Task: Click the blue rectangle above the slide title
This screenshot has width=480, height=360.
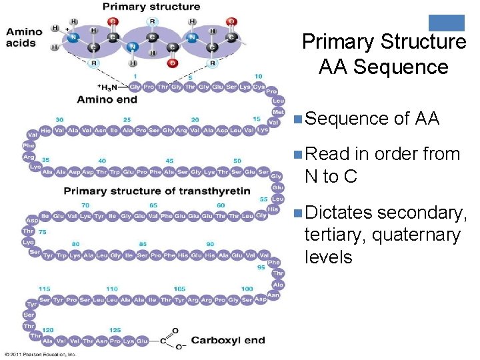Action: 446,23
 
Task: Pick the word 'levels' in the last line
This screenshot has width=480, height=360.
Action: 328,257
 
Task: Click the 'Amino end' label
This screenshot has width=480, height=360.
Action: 107,100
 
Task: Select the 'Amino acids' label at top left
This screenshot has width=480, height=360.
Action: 24,37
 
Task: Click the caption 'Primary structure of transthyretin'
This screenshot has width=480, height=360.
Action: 157,191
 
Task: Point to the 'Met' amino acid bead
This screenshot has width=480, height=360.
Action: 278,112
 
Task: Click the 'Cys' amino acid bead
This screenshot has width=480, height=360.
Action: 258,87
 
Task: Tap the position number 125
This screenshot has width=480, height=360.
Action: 115,330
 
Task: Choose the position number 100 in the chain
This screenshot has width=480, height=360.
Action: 247,289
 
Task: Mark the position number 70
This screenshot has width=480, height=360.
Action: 85,205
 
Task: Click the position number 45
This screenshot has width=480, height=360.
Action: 170,161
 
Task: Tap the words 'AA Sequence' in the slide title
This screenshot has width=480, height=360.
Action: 383,67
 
